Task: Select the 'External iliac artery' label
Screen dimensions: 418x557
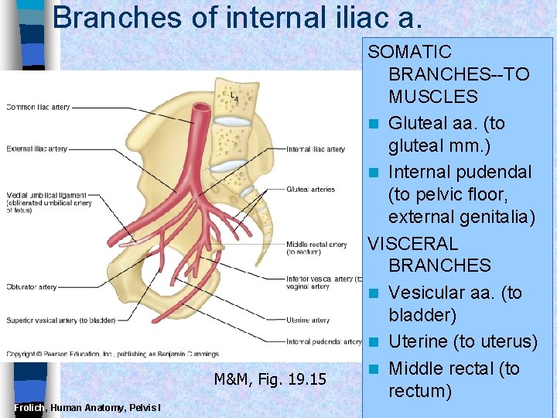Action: [36, 149]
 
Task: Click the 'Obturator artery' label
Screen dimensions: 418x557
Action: [32, 286]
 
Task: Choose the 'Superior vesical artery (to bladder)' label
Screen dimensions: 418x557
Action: [60, 320]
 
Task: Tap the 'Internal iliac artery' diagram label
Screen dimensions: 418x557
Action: [315, 149]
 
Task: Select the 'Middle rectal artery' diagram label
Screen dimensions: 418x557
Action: [316, 245]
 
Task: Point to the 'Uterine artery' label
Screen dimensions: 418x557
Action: [307, 320]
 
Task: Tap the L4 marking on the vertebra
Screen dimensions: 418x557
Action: [234, 97]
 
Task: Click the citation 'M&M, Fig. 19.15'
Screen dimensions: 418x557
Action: [270, 379]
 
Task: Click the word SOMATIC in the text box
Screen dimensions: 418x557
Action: [409, 53]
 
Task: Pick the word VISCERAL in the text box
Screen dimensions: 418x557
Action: [412, 243]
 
